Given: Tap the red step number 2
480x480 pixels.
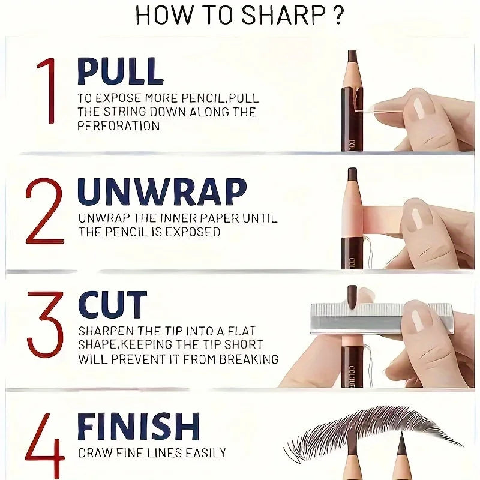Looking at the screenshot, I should [x=44, y=211].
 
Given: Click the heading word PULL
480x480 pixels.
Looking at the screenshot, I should [x=120, y=71].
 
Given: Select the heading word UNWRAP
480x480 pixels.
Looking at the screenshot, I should [x=162, y=191].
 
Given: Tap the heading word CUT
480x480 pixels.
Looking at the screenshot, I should [x=112, y=305].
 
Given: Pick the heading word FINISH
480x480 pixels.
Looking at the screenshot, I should [x=138, y=427].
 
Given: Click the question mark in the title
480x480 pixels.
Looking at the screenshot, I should [x=338, y=16].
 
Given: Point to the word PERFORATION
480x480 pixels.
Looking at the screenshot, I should [x=118, y=126].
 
